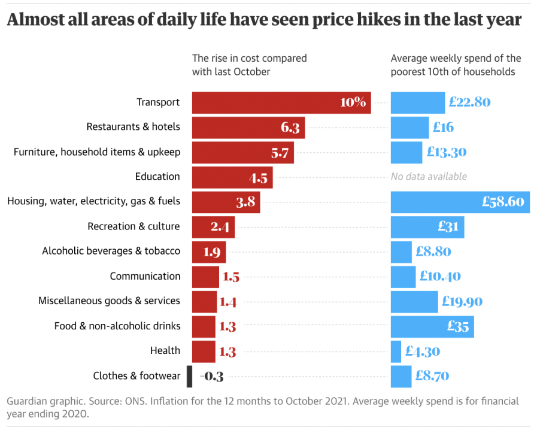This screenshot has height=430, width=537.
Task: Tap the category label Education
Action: pyautogui.click(x=157, y=177)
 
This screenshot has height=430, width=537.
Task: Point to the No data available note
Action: pyautogui.click(x=429, y=177)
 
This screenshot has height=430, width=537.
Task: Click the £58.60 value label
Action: pyautogui.click(x=503, y=202)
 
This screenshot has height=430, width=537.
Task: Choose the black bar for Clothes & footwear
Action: pyautogui.click(x=189, y=376)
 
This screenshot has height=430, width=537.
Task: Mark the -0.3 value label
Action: pyautogui.click(x=213, y=377)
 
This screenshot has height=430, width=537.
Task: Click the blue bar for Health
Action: pyautogui.click(x=396, y=351)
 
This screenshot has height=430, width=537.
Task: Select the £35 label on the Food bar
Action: pyautogui.click(x=458, y=326)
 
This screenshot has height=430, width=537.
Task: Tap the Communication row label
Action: pyautogui.click(x=145, y=276)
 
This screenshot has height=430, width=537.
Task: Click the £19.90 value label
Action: pyautogui.click(x=462, y=301)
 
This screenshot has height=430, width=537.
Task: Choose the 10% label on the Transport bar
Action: pyautogui.click(x=353, y=102)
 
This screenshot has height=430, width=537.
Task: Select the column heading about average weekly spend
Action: pyautogui.click(x=456, y=65)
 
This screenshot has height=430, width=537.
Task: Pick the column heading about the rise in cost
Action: pyautogui.click(x=249, y=65)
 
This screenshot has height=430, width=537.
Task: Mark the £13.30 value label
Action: pyautogui.click(x=447, y=152)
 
